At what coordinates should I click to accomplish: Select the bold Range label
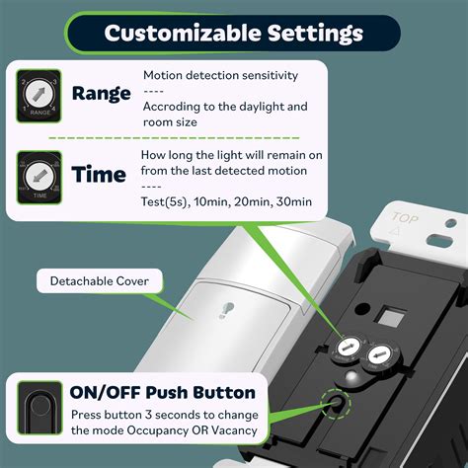(101, 94)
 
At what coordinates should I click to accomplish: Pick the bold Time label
(98, 175)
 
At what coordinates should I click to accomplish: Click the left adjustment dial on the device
(350, 347)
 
